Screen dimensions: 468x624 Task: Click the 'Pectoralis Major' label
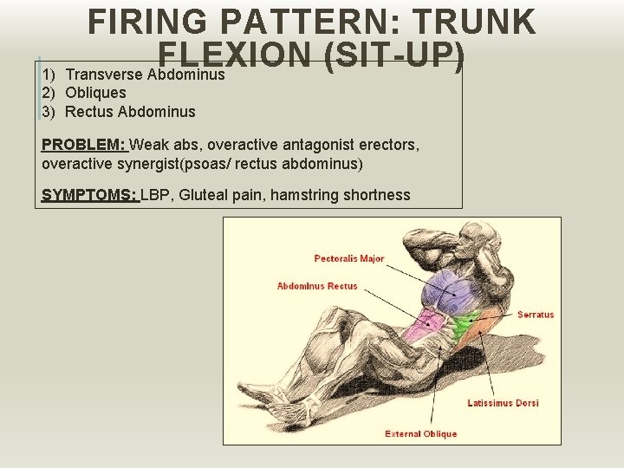(349, 258)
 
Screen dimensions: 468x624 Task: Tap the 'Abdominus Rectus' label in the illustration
(316, 286)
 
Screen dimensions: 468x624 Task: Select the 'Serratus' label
(536, 315)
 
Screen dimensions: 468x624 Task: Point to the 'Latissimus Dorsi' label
(503, 403)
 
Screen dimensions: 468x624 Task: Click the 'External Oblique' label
(420, 434)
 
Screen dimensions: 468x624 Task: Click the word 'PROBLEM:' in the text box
(83, 144)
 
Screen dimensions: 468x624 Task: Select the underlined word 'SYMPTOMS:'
(89, 195)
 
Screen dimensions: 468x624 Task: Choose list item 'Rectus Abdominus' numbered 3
(130, 112)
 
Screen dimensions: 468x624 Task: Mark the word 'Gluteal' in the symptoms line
(202, 195)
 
